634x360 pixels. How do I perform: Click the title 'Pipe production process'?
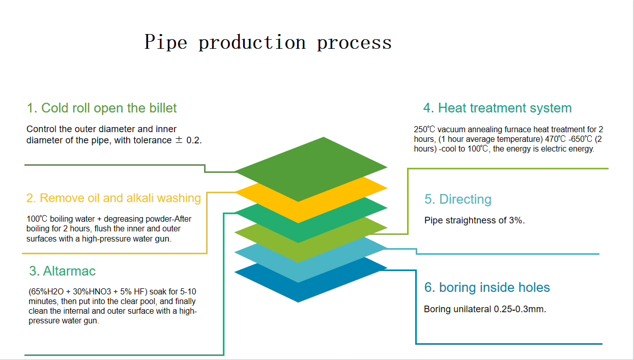click(x=268, y=42)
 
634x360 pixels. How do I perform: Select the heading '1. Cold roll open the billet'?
click(x=102, y=108)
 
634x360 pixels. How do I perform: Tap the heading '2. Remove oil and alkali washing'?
click(x=113, y=198)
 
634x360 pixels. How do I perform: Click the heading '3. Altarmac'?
click(x=62, y=271)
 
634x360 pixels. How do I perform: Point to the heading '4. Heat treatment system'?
click(x=497, y=108)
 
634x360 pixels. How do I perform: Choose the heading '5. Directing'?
click(x=458, y=199)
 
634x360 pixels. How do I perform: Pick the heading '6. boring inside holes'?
click(x=487, y=287)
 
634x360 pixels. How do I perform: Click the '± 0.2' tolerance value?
click(x=188, y=140)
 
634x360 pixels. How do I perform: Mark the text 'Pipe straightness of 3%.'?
click(x=474, y=221)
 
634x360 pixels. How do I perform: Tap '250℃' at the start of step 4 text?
click(x=425, y=130)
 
